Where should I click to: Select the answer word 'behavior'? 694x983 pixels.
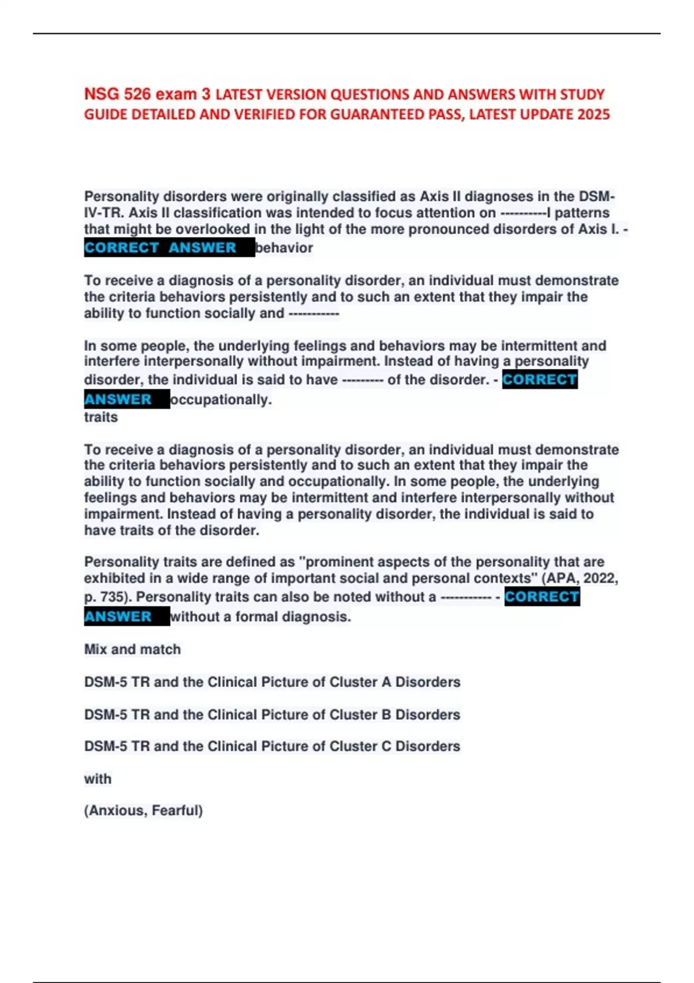pos(284,248)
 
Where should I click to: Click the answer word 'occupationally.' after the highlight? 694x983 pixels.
pos(221,400)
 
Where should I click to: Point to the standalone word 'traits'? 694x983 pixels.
pos(101,417)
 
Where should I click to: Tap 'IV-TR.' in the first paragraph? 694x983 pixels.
pos(105,213)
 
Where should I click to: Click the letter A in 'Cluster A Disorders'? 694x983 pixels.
pos(386,682)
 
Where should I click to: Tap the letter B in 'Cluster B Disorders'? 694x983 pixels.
pos(386,715)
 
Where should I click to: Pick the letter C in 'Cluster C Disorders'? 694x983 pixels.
pos(386,747)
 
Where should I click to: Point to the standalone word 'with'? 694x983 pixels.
pos(98,779)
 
